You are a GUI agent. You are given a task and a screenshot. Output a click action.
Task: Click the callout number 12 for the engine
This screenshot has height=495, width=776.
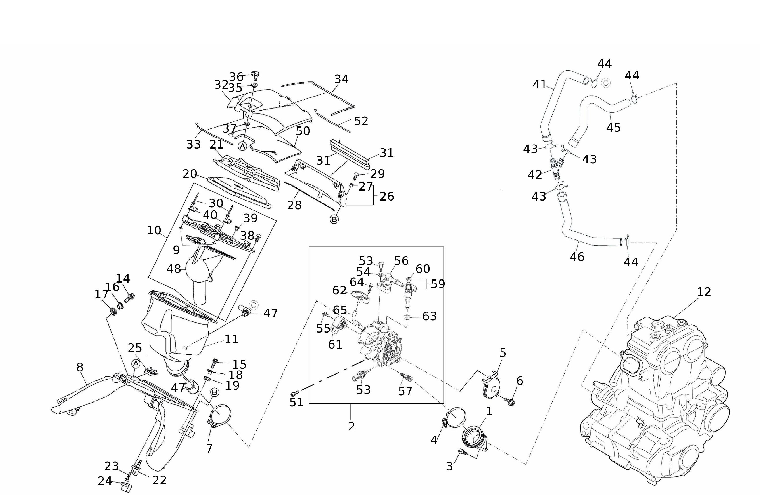[x=704, y=292]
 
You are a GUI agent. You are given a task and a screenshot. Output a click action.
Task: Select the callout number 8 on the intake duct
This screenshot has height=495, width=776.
[x=80, y=367]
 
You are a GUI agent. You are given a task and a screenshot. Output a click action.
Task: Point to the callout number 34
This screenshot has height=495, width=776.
[x=341, y=79]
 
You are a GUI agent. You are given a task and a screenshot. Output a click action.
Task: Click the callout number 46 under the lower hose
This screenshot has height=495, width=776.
[x=577, y=257]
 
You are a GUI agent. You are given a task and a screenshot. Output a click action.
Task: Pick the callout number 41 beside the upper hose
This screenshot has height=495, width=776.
[x=540, y=85]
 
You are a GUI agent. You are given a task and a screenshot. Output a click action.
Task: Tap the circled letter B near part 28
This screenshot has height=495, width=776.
[x=334, y=219]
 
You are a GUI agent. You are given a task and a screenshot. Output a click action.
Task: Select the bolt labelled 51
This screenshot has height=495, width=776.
[x=295, y=393]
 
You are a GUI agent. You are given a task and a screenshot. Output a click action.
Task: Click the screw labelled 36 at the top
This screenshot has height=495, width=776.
[x=255, y=76]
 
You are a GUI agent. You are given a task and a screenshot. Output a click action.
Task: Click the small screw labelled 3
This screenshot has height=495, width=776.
[x=463, y=453]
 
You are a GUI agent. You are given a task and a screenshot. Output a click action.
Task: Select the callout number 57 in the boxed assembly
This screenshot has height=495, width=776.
[x=405, y=391]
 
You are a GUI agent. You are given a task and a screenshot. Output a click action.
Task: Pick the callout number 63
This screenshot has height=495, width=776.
[x=429, y=316]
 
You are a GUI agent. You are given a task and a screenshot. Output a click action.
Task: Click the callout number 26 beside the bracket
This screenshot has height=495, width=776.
[x=386, y=196]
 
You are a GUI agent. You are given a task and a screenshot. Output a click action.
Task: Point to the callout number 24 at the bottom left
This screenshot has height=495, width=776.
[x=105, y=481]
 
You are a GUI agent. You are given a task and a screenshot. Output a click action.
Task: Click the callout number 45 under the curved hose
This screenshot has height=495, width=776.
[x=613, y=128]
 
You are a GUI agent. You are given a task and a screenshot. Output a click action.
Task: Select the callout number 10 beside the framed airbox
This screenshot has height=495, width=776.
[x=154, y=230]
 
